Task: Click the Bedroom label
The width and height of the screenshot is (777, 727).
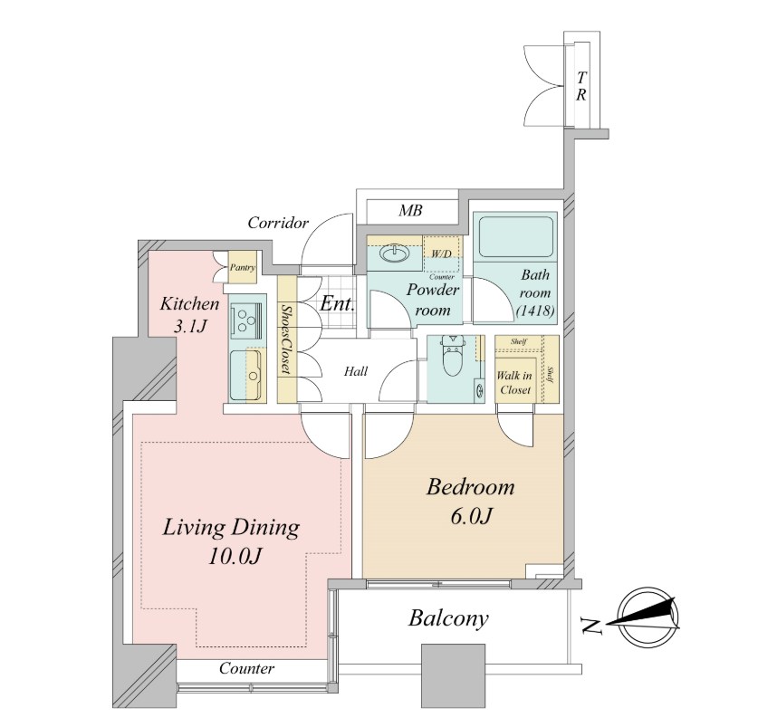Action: pyautogui.click(x=470, y=487)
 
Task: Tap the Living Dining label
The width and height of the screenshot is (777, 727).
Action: pyautogui.click(x=231, y=529)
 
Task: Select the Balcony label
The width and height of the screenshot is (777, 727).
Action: pyautogui.click(x=448, y=618)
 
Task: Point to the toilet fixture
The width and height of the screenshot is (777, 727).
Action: pyautogui.click(x=451, y=358)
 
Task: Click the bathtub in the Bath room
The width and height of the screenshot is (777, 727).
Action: pyautogui.click(x=516, y=236)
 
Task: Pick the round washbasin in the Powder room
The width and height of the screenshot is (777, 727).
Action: pyautogui.click(x=394, y=253)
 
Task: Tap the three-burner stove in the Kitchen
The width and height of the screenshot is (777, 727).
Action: pyautogui.click(x=245, y=319)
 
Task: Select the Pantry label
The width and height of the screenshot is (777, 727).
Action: pyautogui.click(x=243, y=268)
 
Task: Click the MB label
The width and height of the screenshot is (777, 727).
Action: pyautogui.click(x=411, y=211)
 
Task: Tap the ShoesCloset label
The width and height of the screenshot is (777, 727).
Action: pyautogui.click(x=286, y=339)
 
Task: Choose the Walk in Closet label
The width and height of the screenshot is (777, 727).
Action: pyautogui.click(x=515, y=383)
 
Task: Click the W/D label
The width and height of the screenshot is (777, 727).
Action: pyautogui.click(x=441, y=254)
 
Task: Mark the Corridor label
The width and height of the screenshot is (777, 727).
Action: pyautogui.click(x=278, y=224)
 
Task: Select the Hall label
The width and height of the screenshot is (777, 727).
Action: pyautogui.click(x=356, y=371)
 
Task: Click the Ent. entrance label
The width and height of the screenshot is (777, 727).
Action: pyautogui.click(x=338, y=303)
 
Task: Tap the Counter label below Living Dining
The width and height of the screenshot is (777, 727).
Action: pyautogui.click(x=247, y=668)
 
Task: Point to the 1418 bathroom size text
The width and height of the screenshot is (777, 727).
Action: pyautogui.click(x=535, y=311)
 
